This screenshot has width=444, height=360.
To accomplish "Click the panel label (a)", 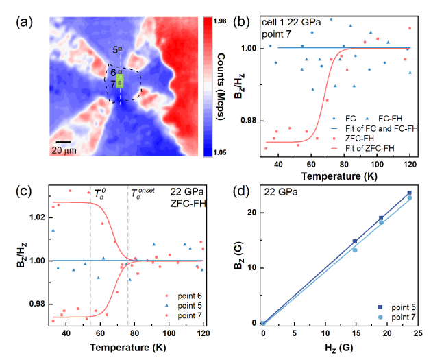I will [22, 21].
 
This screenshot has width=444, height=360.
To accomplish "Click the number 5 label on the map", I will [115, 49].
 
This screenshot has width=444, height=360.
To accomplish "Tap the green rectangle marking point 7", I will [120, 82].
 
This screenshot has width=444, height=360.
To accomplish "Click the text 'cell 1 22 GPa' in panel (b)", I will [290, 23].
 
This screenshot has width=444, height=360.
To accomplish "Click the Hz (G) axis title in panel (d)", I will [339, 346].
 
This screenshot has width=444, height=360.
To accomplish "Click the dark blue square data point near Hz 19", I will [381, 218].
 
